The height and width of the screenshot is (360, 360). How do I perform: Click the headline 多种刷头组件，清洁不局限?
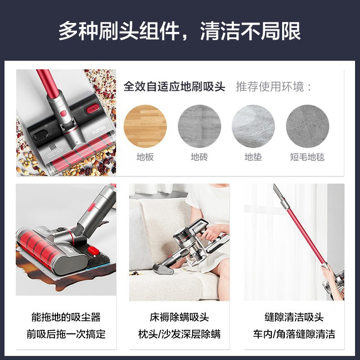180,31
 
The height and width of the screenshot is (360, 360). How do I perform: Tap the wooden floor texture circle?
145,126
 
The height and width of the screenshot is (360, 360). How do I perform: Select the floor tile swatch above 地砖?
199,126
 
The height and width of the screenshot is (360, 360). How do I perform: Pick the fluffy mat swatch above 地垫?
253,126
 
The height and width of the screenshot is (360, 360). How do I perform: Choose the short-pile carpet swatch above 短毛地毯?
307,126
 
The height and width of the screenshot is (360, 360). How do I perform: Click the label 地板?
145,157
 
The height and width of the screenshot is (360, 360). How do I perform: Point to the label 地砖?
199,157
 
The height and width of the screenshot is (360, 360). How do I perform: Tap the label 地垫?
253,157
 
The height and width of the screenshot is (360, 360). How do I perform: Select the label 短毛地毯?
307,157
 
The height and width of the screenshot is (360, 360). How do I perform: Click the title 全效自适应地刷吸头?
174,86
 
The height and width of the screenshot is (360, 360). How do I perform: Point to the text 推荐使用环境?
270,86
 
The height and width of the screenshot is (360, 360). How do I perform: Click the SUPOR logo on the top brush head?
99,130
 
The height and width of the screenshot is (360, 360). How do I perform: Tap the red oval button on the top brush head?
93,108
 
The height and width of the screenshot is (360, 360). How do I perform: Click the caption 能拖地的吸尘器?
66,317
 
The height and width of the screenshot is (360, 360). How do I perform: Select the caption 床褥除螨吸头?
180,317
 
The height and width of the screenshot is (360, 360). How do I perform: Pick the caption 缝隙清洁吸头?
294,317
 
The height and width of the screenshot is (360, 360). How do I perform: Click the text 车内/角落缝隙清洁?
294,334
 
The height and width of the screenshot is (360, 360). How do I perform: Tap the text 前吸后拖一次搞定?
66,334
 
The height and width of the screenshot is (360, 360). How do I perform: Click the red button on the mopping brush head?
94,250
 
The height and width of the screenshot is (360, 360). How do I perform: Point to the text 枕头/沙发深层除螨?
180,334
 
